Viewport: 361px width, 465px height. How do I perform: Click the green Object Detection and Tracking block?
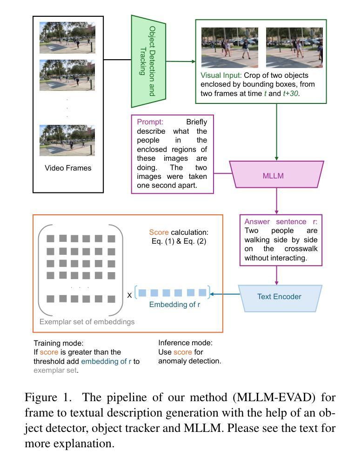pos(148,61)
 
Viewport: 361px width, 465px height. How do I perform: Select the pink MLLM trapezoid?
pos(277,175)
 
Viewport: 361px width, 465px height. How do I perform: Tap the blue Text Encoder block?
pos(279,297)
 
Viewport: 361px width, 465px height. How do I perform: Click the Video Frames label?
pos(68,168)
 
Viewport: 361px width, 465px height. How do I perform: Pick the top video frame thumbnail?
pos(67,37)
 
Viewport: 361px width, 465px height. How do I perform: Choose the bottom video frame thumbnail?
pos(67,140)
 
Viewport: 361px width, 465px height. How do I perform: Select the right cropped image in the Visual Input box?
pos(294,48)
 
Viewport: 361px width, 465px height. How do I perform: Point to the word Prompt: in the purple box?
pos(150,122)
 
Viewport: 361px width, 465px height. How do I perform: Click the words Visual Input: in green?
pos(221,75)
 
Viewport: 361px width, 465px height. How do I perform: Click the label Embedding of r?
pos(174,305)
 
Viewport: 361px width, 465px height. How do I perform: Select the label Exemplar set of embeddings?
pos(87,321)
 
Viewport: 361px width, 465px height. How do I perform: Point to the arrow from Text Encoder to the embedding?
pos(225,294)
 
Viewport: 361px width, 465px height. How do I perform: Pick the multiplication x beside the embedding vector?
pos(130,294)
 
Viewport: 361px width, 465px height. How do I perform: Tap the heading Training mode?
pos(59,343)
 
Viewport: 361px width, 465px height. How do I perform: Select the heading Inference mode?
pos(185,343)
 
